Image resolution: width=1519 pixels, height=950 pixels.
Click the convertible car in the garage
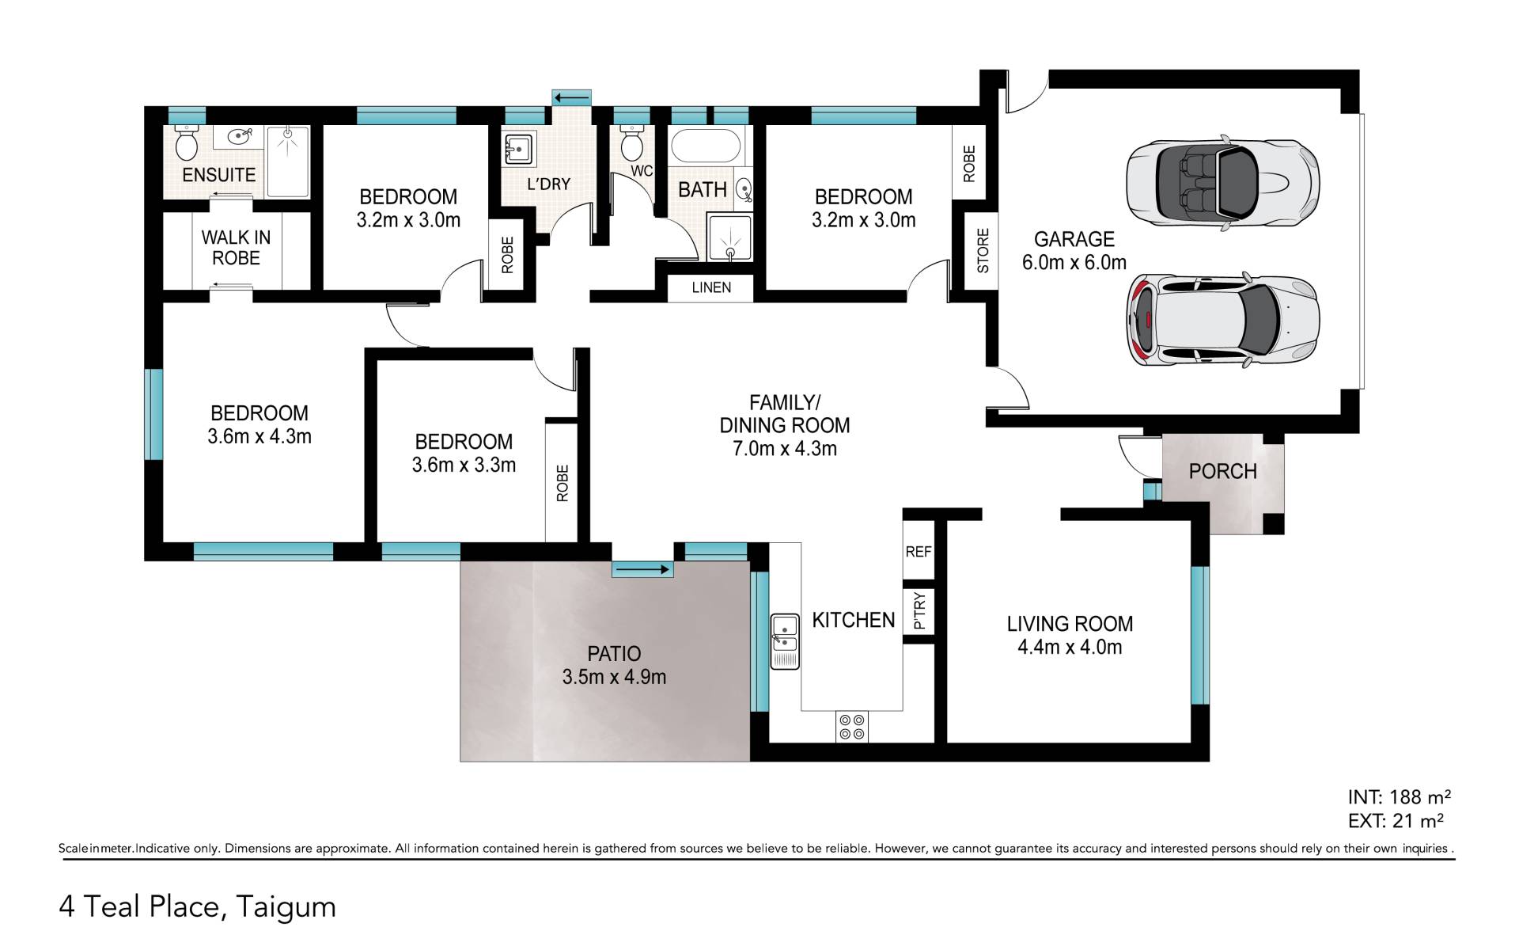[1222, 184]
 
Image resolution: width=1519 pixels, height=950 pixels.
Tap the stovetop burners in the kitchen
[852, 728]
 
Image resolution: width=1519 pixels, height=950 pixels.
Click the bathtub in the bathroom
[706, 146]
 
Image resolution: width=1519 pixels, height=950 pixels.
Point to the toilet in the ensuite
[187, 142]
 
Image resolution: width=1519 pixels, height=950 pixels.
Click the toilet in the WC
[632, 142]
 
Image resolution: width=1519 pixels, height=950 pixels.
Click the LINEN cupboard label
[711, 287]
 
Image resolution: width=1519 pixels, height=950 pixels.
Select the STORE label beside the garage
[983, 250]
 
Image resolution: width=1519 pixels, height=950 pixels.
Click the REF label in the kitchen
[919, 551]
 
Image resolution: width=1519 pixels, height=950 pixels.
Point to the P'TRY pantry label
[919, 611]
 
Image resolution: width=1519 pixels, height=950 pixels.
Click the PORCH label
[1222, 472]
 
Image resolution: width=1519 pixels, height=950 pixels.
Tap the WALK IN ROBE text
[236, 248]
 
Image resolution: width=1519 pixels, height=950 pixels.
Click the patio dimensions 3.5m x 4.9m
[614, 678]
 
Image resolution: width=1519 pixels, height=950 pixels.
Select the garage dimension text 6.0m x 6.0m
[1074, 263]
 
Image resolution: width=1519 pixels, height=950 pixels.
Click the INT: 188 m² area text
[1399, 796]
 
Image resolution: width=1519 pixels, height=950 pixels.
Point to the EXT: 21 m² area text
[1396, 821]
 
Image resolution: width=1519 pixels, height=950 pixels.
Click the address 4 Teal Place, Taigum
[198, 906]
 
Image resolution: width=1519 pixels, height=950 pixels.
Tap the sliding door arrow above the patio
[642, 569]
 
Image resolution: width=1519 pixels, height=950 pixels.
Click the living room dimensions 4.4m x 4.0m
[1070, 648]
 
